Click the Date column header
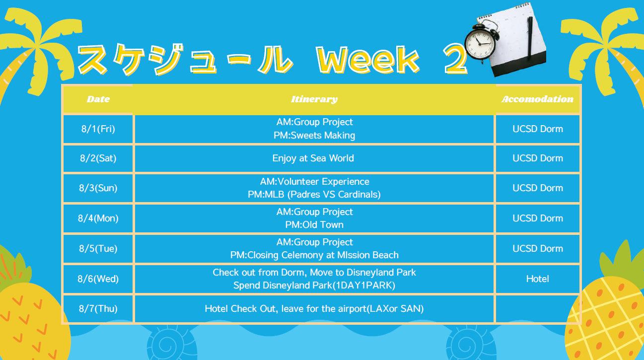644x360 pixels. coord(98,99)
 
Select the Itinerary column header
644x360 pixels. coord(314,99)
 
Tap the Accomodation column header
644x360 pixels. coord(538,99)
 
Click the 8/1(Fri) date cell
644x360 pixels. coord(98,129)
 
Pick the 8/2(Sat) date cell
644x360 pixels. coord(98,158)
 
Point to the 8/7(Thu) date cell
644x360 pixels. coord(98,308)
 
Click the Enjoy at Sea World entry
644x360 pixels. coord(313,158)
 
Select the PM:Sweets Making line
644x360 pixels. coord(314,136)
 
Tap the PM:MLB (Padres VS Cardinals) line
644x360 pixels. coord(314,194)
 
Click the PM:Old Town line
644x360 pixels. coord(314,224)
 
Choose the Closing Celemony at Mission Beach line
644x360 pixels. coord(314,255)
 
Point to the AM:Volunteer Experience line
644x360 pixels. coord(314,181)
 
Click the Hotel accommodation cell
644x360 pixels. coord(538,279)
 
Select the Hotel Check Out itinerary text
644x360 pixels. coord(314,308)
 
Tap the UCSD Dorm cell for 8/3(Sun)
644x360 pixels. coord(538,188)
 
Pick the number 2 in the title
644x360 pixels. coord(455,59)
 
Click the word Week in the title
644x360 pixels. coord(368,60)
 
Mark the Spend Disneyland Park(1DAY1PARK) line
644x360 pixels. coord(314,285)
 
